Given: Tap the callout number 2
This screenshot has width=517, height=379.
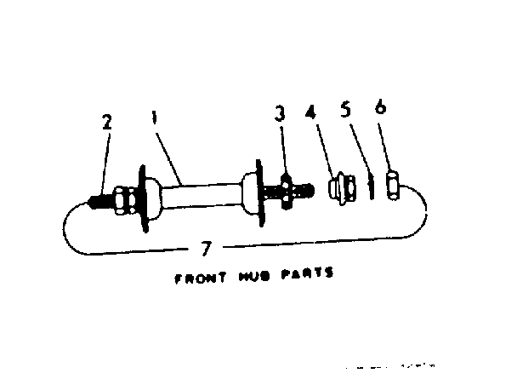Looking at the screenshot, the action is pyautogui.click(x=107, y=122).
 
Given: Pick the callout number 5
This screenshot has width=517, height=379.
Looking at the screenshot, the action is pyautogui.click(x=345, y=111).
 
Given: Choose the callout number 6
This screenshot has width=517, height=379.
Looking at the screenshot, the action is pyautogui.click(x=379, y=107).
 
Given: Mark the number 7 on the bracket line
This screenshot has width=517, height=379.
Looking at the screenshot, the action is pyautogui.click(x=205, y=249).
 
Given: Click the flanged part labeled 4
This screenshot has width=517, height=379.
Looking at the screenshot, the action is pyautogui.click(x=342, y=187).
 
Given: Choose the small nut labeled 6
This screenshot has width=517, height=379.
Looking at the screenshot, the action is pyautogui.click(x=392, y=185).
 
